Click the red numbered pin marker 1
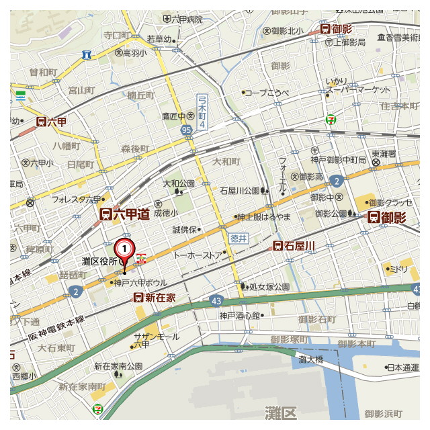(124, 249)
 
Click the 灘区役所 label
(100, 261)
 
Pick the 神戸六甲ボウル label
(140, 283)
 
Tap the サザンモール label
(157, 336)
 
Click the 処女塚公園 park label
(269, 287)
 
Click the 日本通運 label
(402, 368)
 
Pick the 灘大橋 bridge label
(311, 360)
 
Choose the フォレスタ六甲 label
(76, 199)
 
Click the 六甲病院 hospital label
(187, 19)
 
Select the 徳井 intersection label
(239, 238)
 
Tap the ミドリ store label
(399, 269)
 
